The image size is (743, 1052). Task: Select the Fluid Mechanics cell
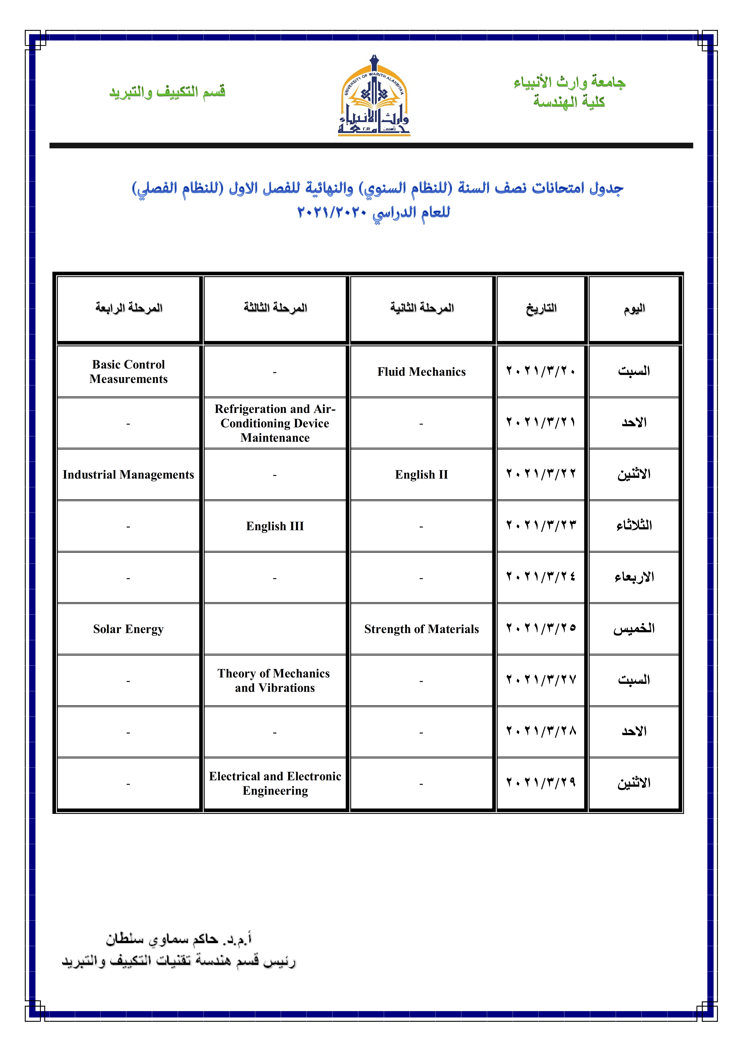pyautogui.click(x=421, y=372)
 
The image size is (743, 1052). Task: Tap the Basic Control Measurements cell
pyautogui.click(x=129, y=372)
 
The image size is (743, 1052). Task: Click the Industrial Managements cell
pyautogui.click(x=129, y=475)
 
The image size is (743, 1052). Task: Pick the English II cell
pyautogui.click(x=421, y=475)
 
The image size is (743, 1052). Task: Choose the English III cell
pyautogui.click(x=275, y=526)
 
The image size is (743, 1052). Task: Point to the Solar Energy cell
pyautogui.click(x=129, y=629)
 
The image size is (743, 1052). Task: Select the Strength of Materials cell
pyautogui.click(x=421, y=629)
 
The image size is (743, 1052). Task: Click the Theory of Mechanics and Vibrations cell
pyautogui.click(x=275, y=680)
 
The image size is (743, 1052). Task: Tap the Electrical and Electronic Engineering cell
pyautogui.click(x=275, y=783)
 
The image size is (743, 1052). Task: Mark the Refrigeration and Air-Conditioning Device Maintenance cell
pyautogui.click(x=275, y=423)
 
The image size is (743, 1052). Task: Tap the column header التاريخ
pyautogui.click(x=541, y=308)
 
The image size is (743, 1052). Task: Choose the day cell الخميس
pyautogui.click(x=634, y=629)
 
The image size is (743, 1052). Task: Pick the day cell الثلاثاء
pyautogui.click(x=634, y=526)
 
